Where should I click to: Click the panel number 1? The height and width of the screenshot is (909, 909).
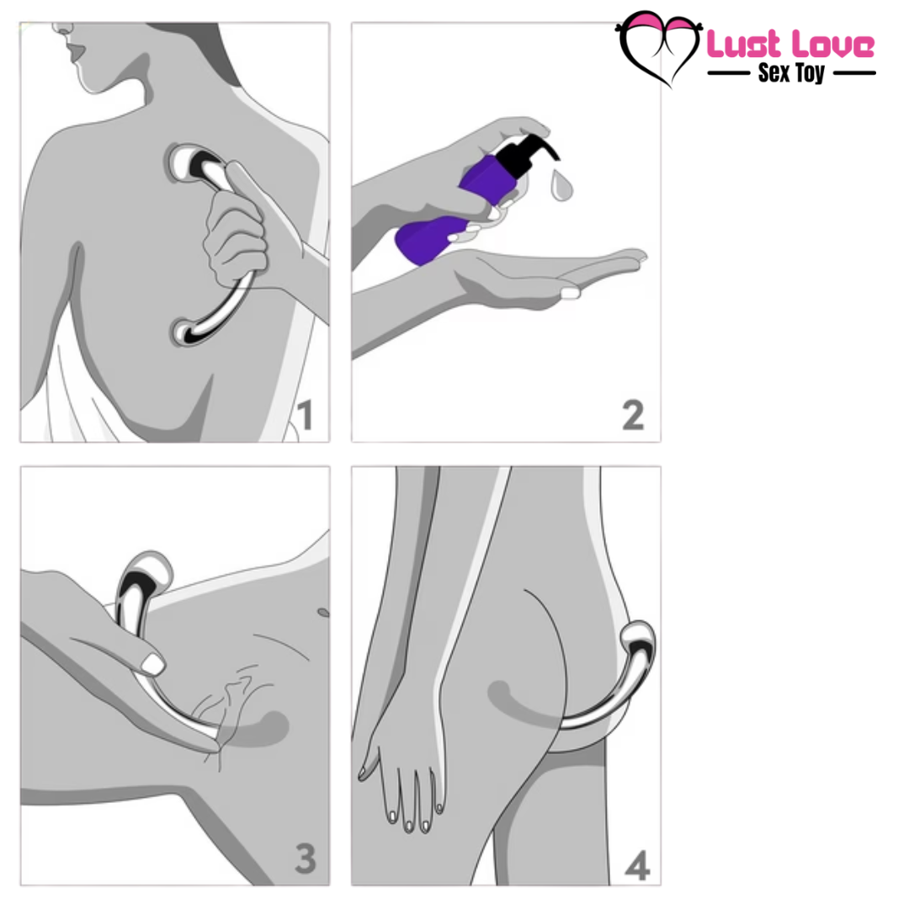tap(304, 415)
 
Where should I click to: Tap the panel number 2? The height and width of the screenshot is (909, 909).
tap(633, 415)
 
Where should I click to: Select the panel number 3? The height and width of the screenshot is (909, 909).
tap(304, 858)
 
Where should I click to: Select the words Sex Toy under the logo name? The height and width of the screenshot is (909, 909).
tap(791, 72)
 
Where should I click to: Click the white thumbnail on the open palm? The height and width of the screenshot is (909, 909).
tap(571, 293)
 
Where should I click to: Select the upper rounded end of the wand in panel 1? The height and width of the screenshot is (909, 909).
tap(189, 162)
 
